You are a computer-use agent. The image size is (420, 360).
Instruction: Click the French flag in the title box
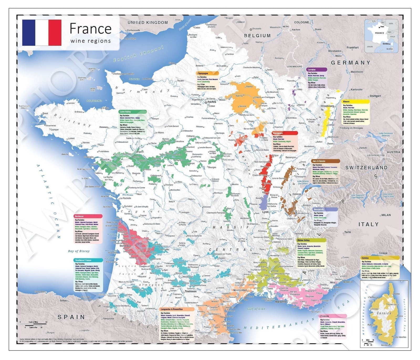pos(42,33)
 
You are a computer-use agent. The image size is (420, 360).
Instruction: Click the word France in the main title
pos(91,29)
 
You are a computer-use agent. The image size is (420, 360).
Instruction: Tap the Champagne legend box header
pos(207,73)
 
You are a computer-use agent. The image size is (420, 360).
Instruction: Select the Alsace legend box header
pos(356,101)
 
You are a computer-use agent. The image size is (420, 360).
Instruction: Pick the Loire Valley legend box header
pos(133,112)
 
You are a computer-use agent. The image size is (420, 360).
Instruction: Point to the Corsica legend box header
pos(380,258)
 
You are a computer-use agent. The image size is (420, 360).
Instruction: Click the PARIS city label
pos(212,102)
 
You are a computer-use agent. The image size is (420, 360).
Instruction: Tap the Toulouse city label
pos(191,291)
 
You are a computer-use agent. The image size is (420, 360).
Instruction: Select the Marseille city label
pos(281,302)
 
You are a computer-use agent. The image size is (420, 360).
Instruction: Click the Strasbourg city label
pos(327,106)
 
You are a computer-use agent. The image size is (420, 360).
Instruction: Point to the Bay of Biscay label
pos(79,251)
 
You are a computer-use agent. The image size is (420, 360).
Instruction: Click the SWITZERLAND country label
pos(366,168)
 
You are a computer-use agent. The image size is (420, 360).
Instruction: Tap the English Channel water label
pos(138,54)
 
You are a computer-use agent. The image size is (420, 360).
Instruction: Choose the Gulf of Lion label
pos(256,309)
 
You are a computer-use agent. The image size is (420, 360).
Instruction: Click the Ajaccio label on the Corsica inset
pos(371,325)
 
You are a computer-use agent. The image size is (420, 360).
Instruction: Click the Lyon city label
pos(265,212)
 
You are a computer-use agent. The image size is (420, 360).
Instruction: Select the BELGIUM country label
pos(257,36)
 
